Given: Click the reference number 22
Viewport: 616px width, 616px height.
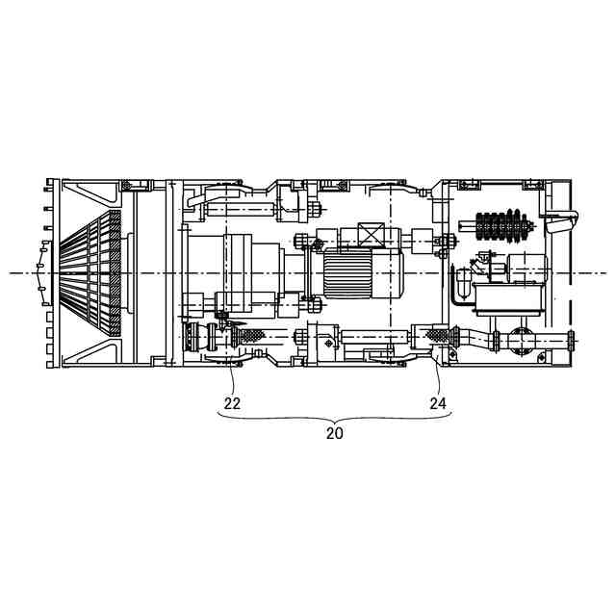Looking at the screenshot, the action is [x=232, y=403].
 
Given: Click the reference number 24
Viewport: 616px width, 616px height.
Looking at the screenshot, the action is [x=438, y=403].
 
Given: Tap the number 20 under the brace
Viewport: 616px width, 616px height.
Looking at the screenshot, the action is [x=335, y=433].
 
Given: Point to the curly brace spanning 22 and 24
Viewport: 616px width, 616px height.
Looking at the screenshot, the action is [x=335, y=418].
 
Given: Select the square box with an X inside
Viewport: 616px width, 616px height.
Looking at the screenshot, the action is [x=372, y=235].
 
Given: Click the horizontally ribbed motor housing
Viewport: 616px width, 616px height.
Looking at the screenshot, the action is [x=347, y=273].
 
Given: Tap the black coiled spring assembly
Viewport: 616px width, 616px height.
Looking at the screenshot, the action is [x=502, y=226].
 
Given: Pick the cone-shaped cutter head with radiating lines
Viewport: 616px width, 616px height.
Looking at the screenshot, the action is [x=90, y=272].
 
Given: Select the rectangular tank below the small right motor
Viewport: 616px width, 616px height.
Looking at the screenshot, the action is [x=509, y=299].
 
